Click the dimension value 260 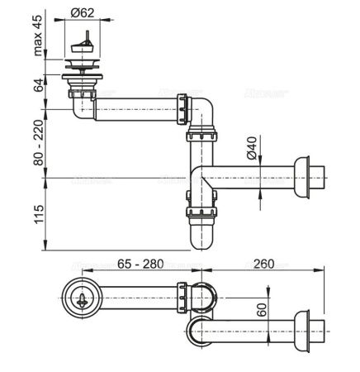click(262, 265)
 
